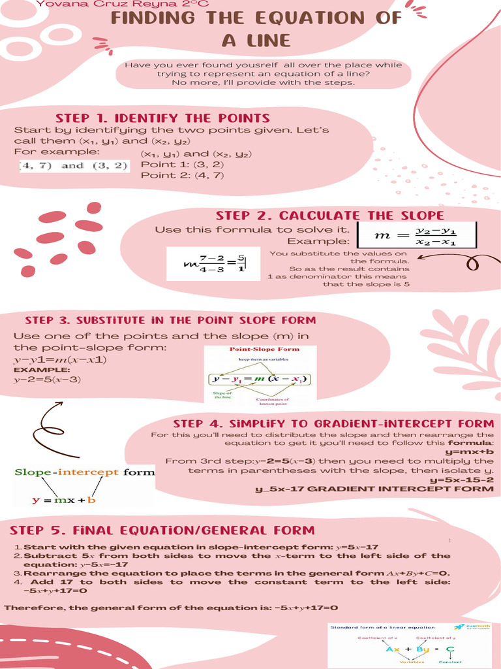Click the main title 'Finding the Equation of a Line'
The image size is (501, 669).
click(256, 29)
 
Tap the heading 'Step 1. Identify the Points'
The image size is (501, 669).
click(162, 118)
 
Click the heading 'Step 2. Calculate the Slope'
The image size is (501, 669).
click(329, 216)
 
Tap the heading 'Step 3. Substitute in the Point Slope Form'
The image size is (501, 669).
click(170, 321)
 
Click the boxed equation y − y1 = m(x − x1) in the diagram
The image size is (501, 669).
click(259, 379)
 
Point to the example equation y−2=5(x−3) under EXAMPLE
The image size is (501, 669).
click(47, 380)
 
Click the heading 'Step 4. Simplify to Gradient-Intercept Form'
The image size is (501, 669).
click(333, 423)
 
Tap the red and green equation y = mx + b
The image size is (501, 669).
click(64, 500)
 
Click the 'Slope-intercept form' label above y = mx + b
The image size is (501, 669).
click(85, 472)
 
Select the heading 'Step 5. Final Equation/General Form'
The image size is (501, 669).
click(162, 530)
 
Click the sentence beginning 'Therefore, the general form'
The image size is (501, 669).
click(171, 608)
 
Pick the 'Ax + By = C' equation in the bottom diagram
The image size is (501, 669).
click(420, 649)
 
